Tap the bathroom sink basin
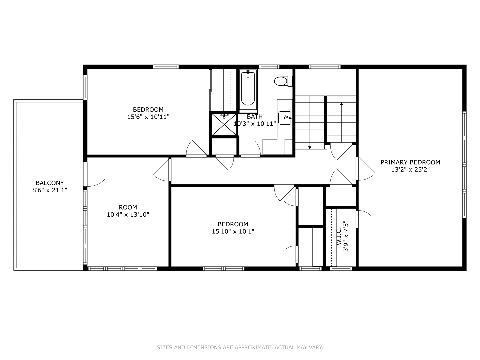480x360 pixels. pos(284,118)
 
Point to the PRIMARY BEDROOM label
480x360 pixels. pos(410,162)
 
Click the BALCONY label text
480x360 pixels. pos(50,183)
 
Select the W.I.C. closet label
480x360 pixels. pos(339,236)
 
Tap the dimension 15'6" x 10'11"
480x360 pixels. pos(148,117)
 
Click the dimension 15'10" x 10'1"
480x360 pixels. pos(233,231)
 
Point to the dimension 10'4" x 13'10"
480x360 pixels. pos(128,215)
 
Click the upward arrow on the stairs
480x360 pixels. pos(341,104)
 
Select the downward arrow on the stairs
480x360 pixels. pos(310,147)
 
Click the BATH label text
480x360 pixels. pos(255,117)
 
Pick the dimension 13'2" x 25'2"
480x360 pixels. pos(410,170)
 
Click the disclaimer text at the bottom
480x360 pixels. pos(240,347)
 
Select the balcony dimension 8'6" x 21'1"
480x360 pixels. pos(50,190)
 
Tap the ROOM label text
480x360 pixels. pos(128,207)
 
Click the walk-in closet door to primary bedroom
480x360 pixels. pos(363,219)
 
